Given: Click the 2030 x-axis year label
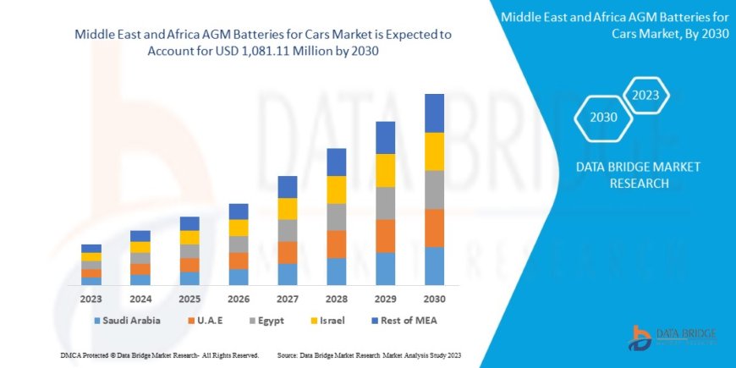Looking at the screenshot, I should [434, 299].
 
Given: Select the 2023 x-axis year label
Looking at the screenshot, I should [91, 299].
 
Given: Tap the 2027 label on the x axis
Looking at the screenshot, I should [287, 299].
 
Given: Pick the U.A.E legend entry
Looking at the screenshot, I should [211, 321].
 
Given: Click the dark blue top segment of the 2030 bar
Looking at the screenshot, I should [434, 113].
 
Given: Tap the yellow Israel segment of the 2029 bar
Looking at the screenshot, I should [385, 170].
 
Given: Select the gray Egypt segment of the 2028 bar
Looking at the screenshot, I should [336, 217].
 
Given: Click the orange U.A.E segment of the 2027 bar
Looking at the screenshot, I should [287, 252].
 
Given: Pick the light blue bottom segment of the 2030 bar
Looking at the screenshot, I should [434, 266].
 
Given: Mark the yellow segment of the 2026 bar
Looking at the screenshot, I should [239, 228].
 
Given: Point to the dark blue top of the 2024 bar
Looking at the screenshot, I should [140, 236].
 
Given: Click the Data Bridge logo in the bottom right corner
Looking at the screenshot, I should [671, 338].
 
